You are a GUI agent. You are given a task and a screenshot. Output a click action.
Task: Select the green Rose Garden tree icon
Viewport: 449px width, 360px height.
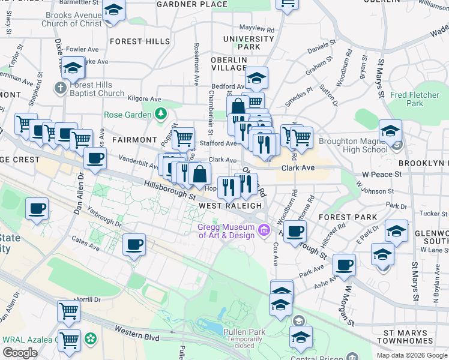coord(160,113)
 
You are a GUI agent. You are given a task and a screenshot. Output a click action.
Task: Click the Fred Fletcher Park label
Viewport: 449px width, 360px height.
coord(415,99)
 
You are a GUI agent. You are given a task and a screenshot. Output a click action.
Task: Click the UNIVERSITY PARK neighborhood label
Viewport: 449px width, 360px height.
coord(241,43)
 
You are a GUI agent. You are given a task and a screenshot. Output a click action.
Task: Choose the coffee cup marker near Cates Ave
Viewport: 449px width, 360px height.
coord(134,244)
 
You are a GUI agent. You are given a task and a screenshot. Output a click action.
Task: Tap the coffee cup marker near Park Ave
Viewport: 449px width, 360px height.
coord(345,265)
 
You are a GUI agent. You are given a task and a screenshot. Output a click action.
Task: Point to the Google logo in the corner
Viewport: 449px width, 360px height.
coord(20,353)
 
